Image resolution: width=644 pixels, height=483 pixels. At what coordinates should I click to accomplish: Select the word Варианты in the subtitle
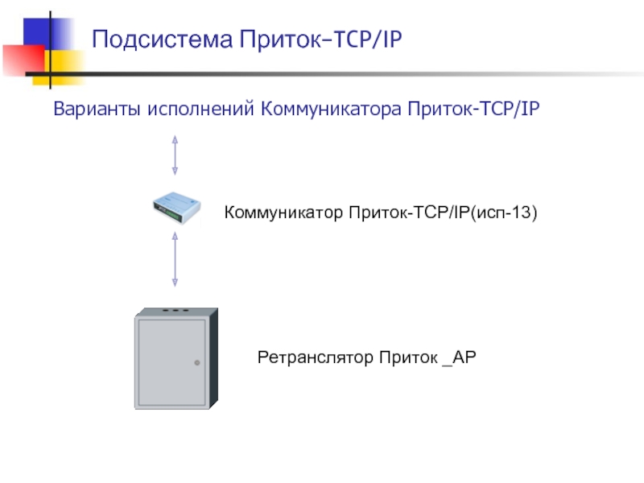pos(97,109)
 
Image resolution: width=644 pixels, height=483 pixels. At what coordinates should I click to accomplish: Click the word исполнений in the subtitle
pos(201,109)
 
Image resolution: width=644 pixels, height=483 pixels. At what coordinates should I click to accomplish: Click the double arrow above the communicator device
pos(175,155)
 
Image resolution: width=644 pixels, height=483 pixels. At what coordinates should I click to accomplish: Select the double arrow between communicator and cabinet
pos(175,258)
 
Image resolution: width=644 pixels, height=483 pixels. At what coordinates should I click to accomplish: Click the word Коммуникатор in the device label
pos(284,213)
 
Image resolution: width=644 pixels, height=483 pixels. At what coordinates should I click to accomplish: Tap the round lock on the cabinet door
pos(197,363)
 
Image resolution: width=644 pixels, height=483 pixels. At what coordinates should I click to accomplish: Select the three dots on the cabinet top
pos(175,310)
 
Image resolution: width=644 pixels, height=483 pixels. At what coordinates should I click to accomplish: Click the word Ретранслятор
pos(315,357)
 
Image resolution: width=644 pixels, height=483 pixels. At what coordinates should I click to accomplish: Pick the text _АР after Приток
pos(460,357)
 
